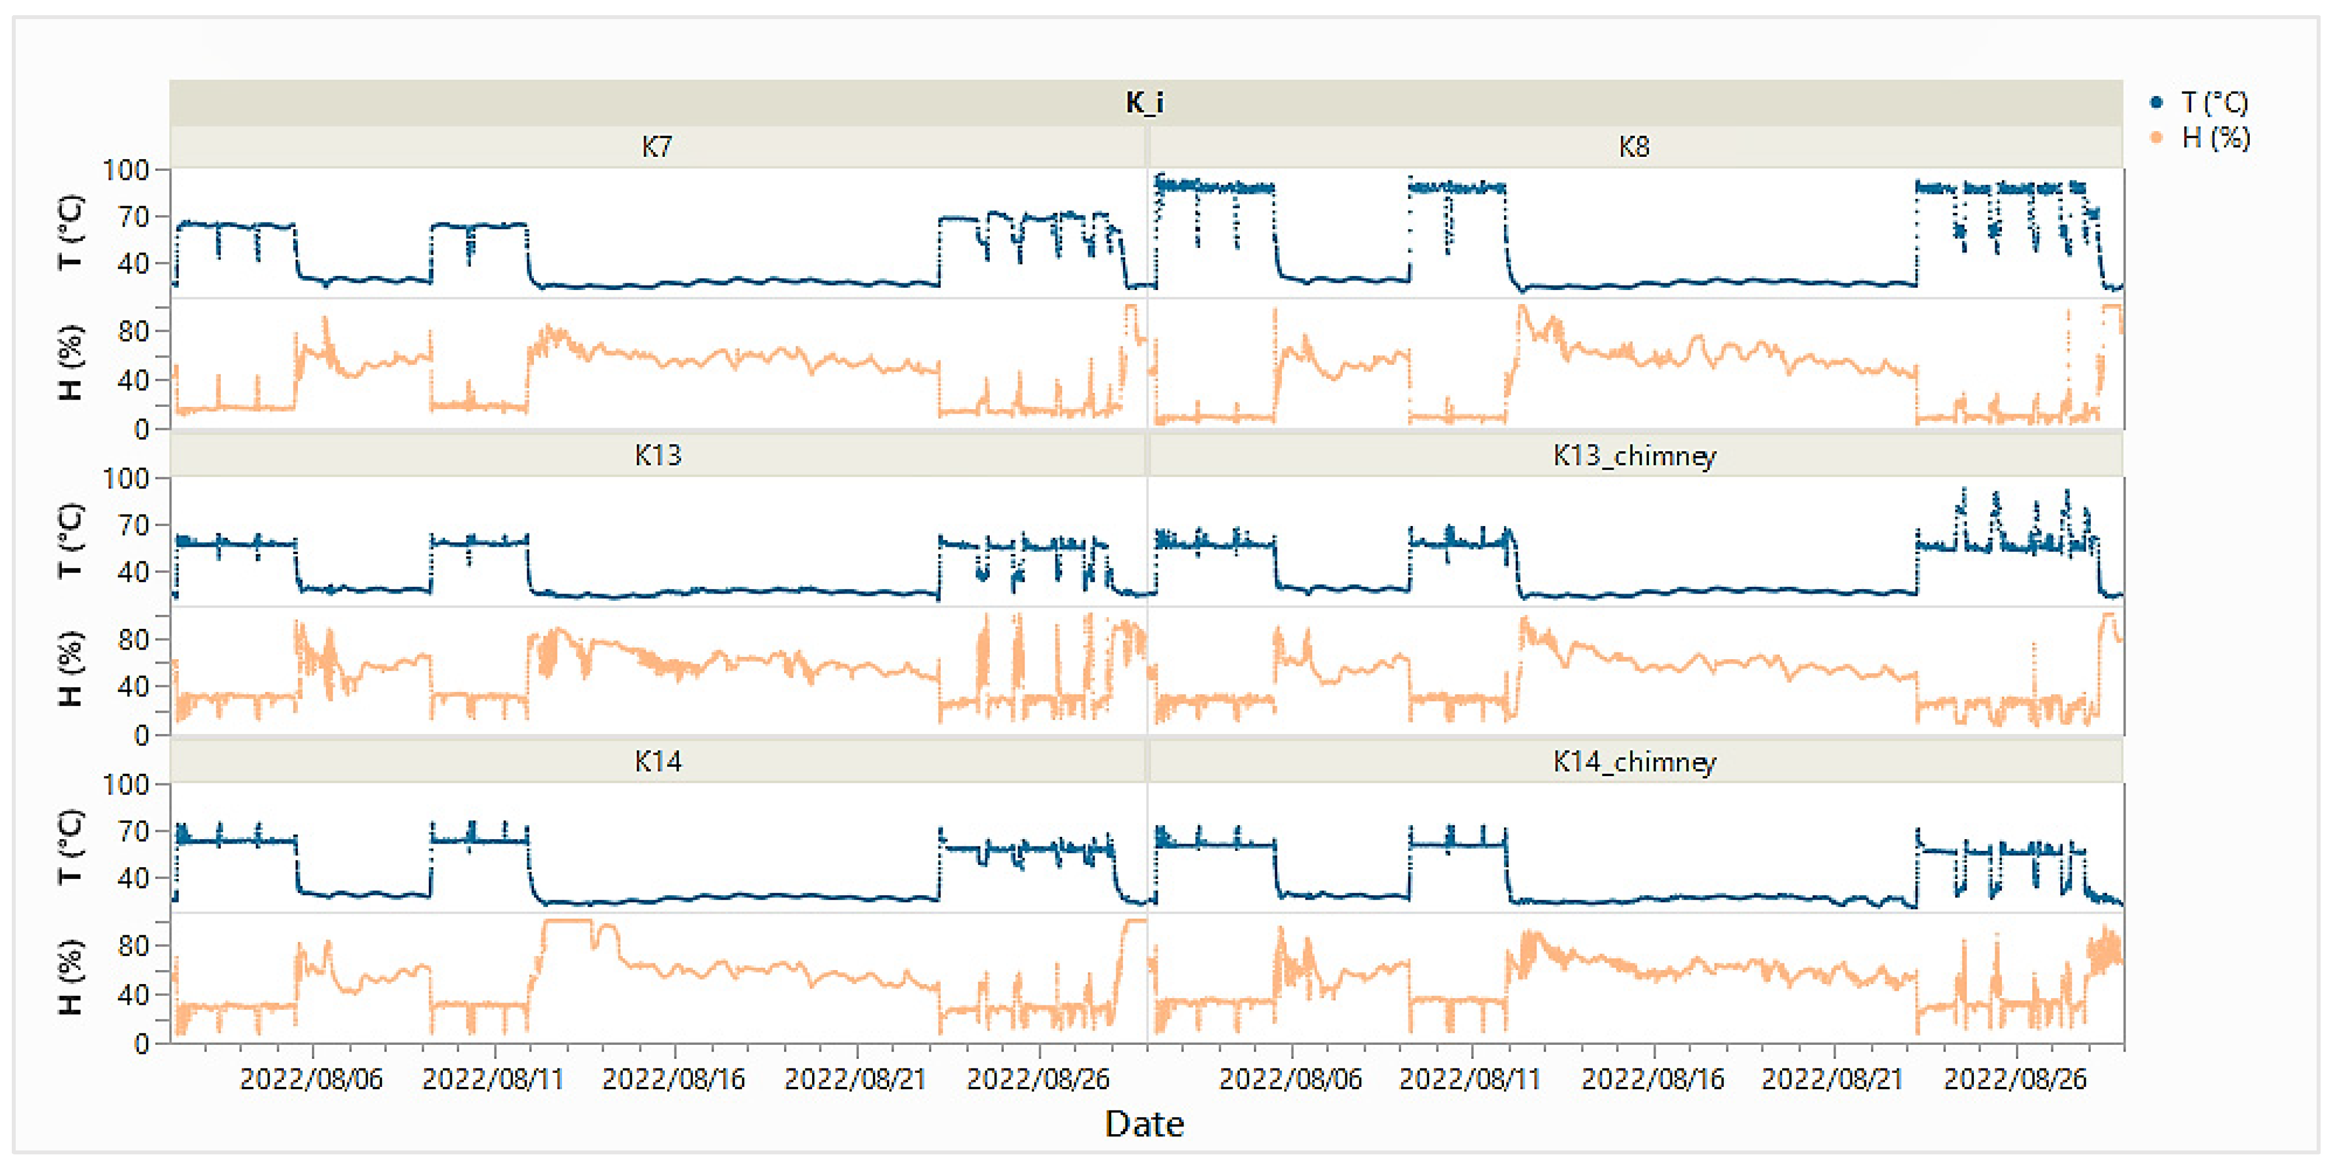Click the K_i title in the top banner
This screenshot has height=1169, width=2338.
point(1144,102)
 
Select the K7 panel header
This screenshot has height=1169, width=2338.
point(656,147)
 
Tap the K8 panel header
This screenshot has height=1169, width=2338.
point(1634,147)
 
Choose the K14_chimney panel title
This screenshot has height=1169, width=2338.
point(1634,762)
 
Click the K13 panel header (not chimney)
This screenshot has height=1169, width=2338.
point(657,455)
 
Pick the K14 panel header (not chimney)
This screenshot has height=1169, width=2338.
point(657,762)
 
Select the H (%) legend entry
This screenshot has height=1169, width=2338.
point(2214,138)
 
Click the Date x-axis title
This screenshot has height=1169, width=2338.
point(1144,1123)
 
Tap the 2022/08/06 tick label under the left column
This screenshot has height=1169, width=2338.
point(311,1079)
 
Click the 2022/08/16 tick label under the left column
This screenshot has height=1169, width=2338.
point(673,1079)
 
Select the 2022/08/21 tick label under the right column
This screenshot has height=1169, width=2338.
point(1832,1079)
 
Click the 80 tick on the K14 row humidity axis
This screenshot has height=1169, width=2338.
point(133,946)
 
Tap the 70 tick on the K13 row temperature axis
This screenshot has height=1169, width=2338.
point(133,525)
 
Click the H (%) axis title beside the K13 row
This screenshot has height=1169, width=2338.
point(71,669)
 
